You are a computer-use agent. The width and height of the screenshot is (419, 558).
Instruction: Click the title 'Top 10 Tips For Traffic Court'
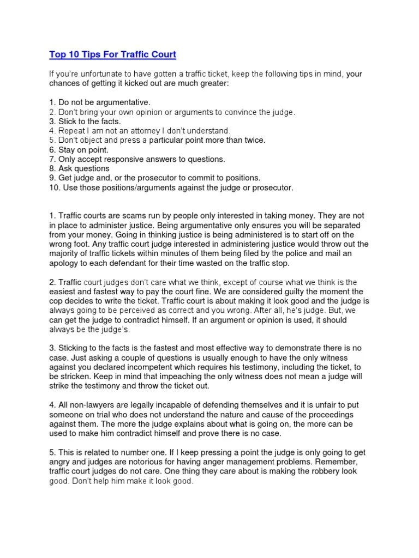(113, 54)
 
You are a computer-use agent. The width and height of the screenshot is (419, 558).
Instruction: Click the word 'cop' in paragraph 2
(56, 300)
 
